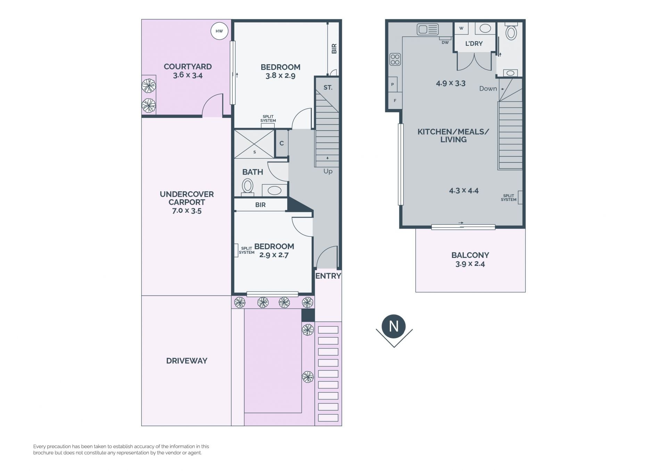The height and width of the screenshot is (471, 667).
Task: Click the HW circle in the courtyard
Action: tap(219, 31)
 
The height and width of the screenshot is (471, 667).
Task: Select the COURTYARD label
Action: tap(188, 67)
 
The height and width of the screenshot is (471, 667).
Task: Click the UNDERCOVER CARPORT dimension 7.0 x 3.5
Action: tap(187, 211)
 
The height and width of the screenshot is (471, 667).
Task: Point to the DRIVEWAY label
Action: tap(187, 361)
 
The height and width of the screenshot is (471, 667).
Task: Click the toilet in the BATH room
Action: tap(247, 187)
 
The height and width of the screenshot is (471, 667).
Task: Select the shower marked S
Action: tap(254, 144)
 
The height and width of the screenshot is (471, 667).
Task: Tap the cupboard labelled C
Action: tap(282, 143)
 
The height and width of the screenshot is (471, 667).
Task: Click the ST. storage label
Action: tap(328, 87)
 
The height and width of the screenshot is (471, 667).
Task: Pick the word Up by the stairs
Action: tap(328, 171)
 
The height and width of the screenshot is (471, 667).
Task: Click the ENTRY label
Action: tap(328, 276)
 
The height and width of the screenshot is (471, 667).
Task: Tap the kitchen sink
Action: tap(428, 30)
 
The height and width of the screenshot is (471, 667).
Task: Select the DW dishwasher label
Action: tap(445, 43)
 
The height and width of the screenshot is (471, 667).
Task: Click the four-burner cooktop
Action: tap(395, 59)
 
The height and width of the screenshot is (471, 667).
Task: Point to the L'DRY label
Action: tap(474, 44)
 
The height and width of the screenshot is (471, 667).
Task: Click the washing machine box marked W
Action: tap(461, 28)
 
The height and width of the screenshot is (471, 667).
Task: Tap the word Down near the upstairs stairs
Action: tap(488, 89)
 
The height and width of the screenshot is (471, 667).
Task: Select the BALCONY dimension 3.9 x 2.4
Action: tap(470, 264)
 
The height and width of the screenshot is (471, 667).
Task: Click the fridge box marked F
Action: tap(395, 101)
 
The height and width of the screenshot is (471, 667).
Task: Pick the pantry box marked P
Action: tap(393, 84)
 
